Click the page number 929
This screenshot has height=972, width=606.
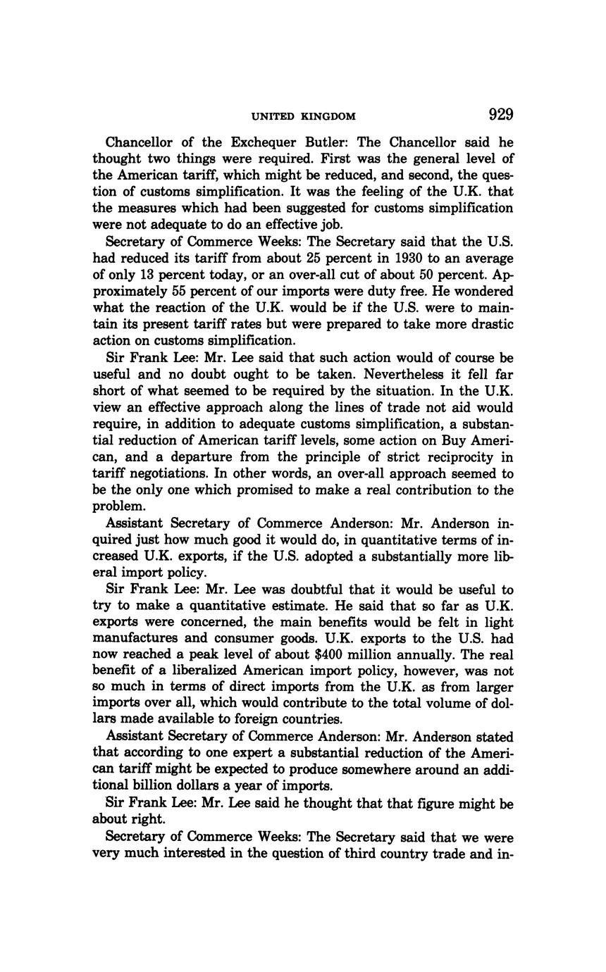pos(500,115)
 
